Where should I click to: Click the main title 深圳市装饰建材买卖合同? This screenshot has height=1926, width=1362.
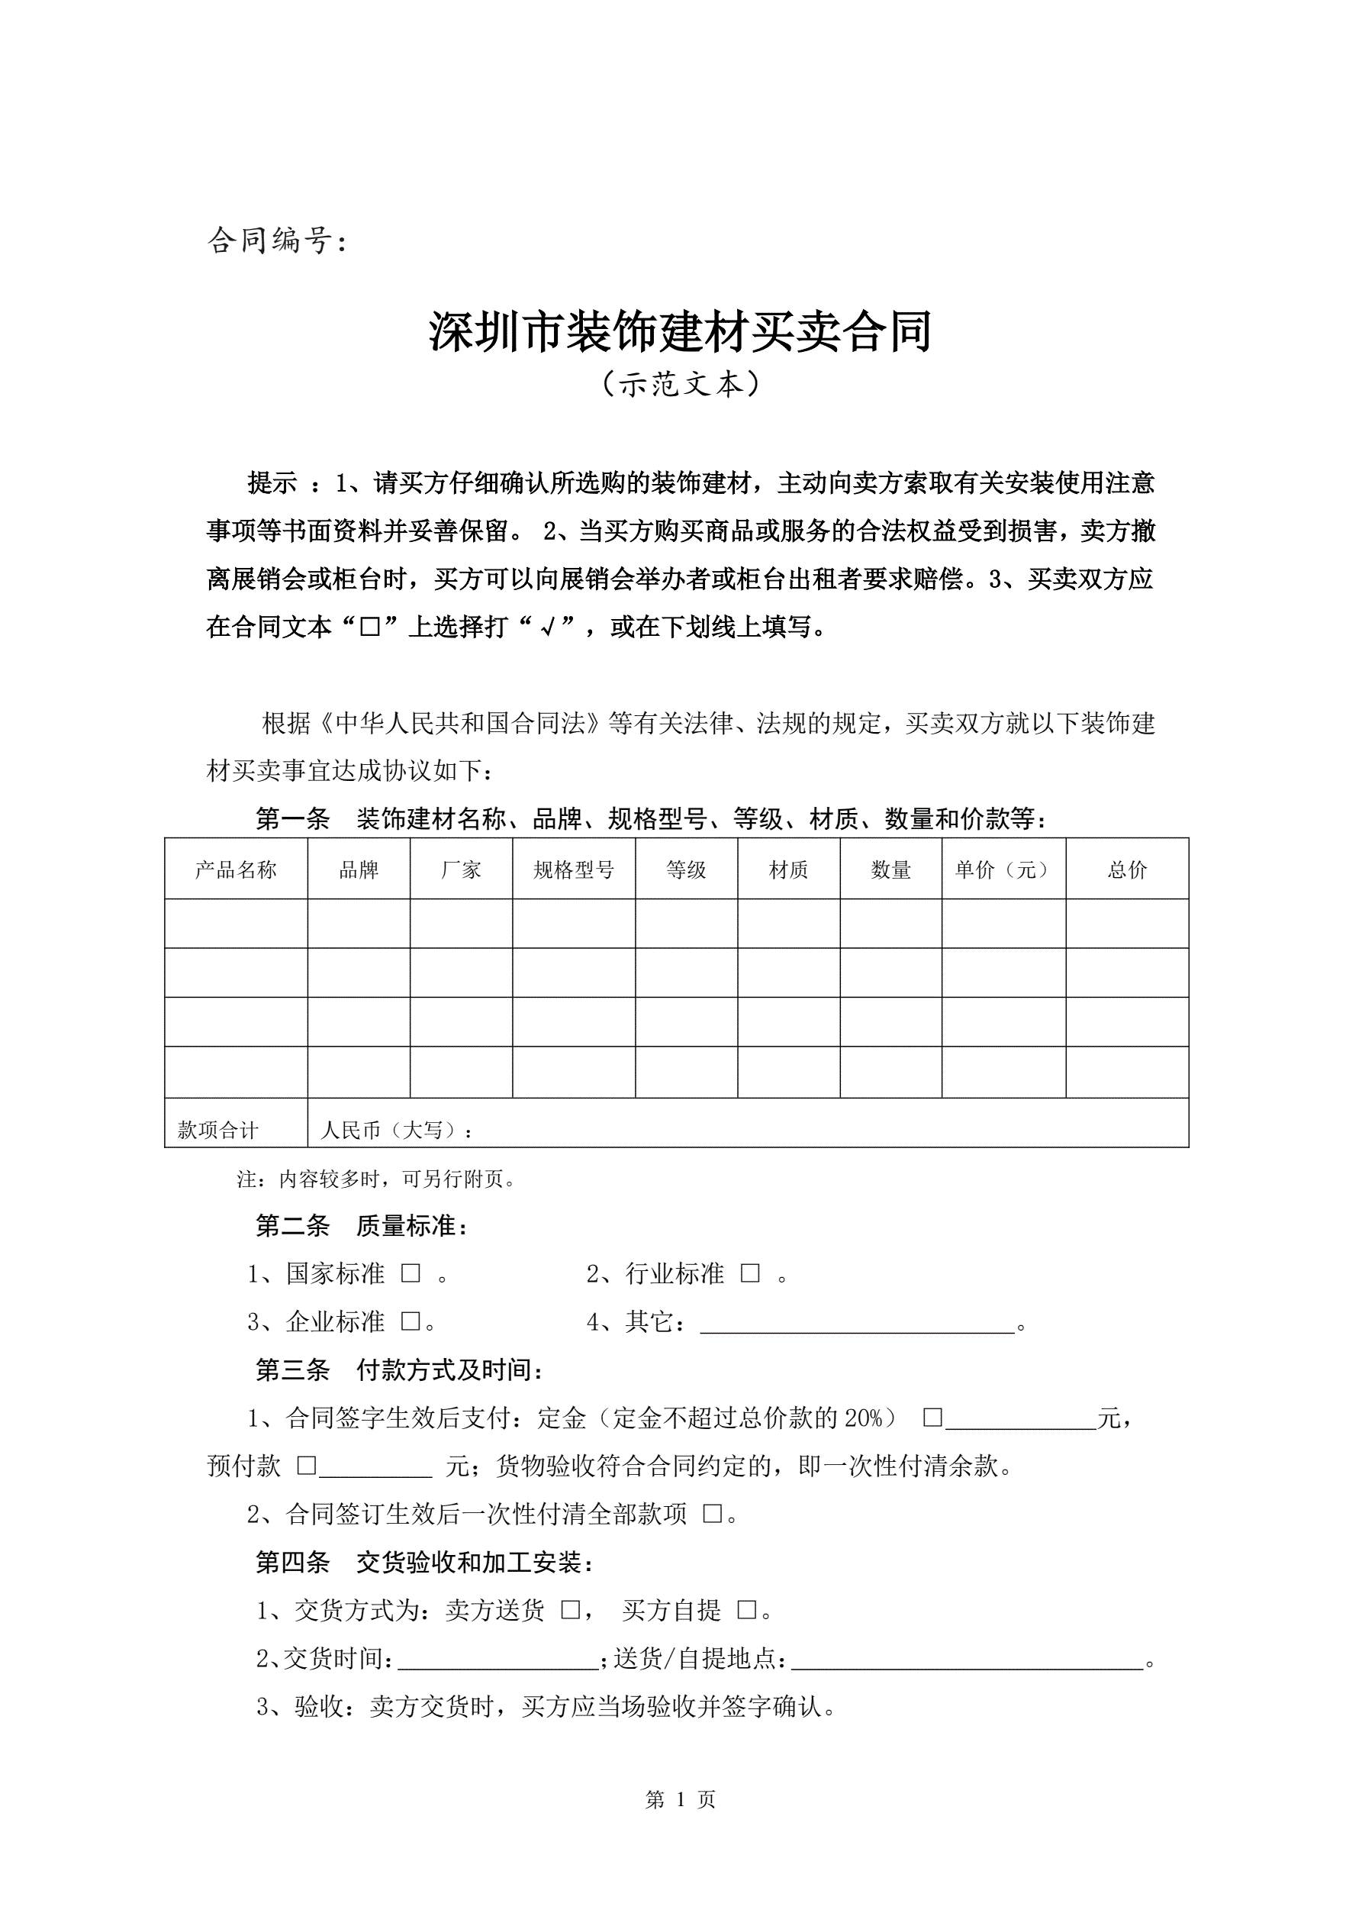tap(680, 331)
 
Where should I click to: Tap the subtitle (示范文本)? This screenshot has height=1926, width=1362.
tap(680, 384)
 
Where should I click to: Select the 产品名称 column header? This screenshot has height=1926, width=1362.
tap(236, 870)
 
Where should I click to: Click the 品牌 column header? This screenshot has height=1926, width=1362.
tap(358, 870)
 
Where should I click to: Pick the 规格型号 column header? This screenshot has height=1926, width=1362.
tap(574, 870)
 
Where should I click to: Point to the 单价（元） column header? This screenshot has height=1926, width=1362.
tap(1003, 870)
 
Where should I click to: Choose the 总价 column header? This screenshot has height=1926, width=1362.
tap(1126, 870)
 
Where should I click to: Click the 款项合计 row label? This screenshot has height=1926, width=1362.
tap(218, 1130)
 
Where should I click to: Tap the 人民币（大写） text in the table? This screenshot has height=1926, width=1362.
tap(396, 1130)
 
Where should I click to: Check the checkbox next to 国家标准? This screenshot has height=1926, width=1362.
tap(410, 1273)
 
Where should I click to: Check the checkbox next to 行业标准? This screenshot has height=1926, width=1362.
tap(750, 1273)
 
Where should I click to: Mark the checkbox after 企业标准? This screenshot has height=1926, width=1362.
tap(410, 1321)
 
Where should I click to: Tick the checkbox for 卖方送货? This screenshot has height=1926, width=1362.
tap(570, 1610)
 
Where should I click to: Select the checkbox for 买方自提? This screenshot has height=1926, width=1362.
tap(746, 1610)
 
